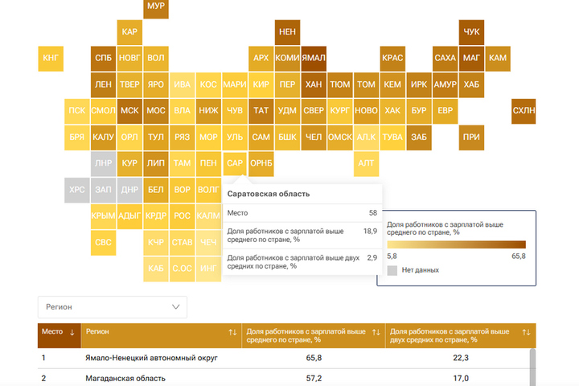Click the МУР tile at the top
click(156, 7)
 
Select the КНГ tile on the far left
click(51, 59)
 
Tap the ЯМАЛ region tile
click(314, 59)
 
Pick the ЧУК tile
click(471, 32)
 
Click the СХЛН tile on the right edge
click(524, 111)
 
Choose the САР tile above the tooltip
click(235, 163)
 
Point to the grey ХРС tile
click(77, 190)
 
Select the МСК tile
click(129, 111)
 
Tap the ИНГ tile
click(208, 269)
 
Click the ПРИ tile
click(471, 138)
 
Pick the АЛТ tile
click(367, 163)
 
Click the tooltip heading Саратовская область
click(269, 194)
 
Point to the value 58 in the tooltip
click(373, 213)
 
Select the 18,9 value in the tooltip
click(370, 232)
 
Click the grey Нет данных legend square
click(392, 270)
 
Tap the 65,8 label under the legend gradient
click(519, 257)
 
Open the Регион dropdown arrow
click(176, 307)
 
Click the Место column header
click(52, 331)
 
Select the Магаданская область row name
click(125, 379)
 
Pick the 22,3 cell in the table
click(461, 358)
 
